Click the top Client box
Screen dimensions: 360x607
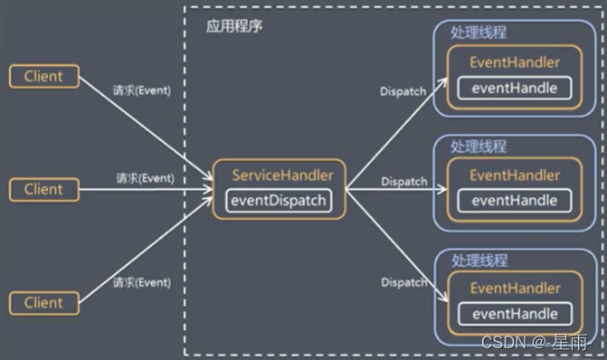[x=43, y=76]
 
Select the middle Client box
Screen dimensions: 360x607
[x=43, y=189]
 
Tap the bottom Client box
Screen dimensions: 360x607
[x=43, y=302]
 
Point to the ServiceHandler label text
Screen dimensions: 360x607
[x=282, y=175]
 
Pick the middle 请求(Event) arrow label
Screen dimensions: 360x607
[x=145, y=178]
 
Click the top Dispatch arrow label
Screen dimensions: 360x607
[x=404, y=90]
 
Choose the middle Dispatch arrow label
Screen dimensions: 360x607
[x=404, y=182]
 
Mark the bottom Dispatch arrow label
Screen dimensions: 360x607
[x=404, y=282]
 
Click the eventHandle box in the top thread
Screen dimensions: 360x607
[x=515, y=88]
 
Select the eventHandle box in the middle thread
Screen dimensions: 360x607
[x=515, y=200]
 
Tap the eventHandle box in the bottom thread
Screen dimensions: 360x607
[x=515, y=314]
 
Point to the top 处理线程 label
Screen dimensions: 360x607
[x=479, y=32]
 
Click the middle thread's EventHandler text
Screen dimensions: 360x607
[x=515, y=175]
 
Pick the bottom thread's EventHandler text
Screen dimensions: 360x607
[x=515, y=289]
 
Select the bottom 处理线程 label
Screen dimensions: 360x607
[x=479, y=260]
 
